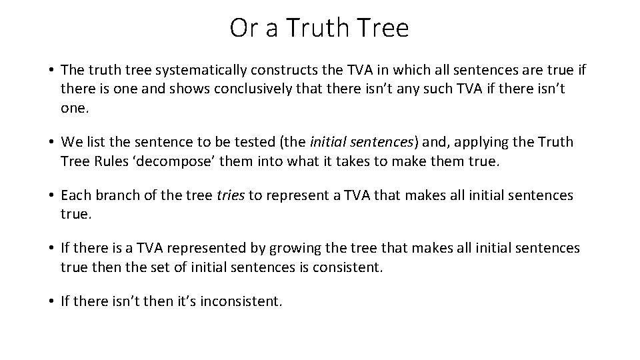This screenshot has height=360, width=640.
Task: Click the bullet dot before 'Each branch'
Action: click(x=51, y=195)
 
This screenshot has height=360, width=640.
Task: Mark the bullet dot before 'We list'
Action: click(x=51, y=142)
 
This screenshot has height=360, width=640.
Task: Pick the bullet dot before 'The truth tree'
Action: click(x=51, y=69)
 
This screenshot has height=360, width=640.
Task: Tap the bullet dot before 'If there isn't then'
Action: click(x=51, y=302)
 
